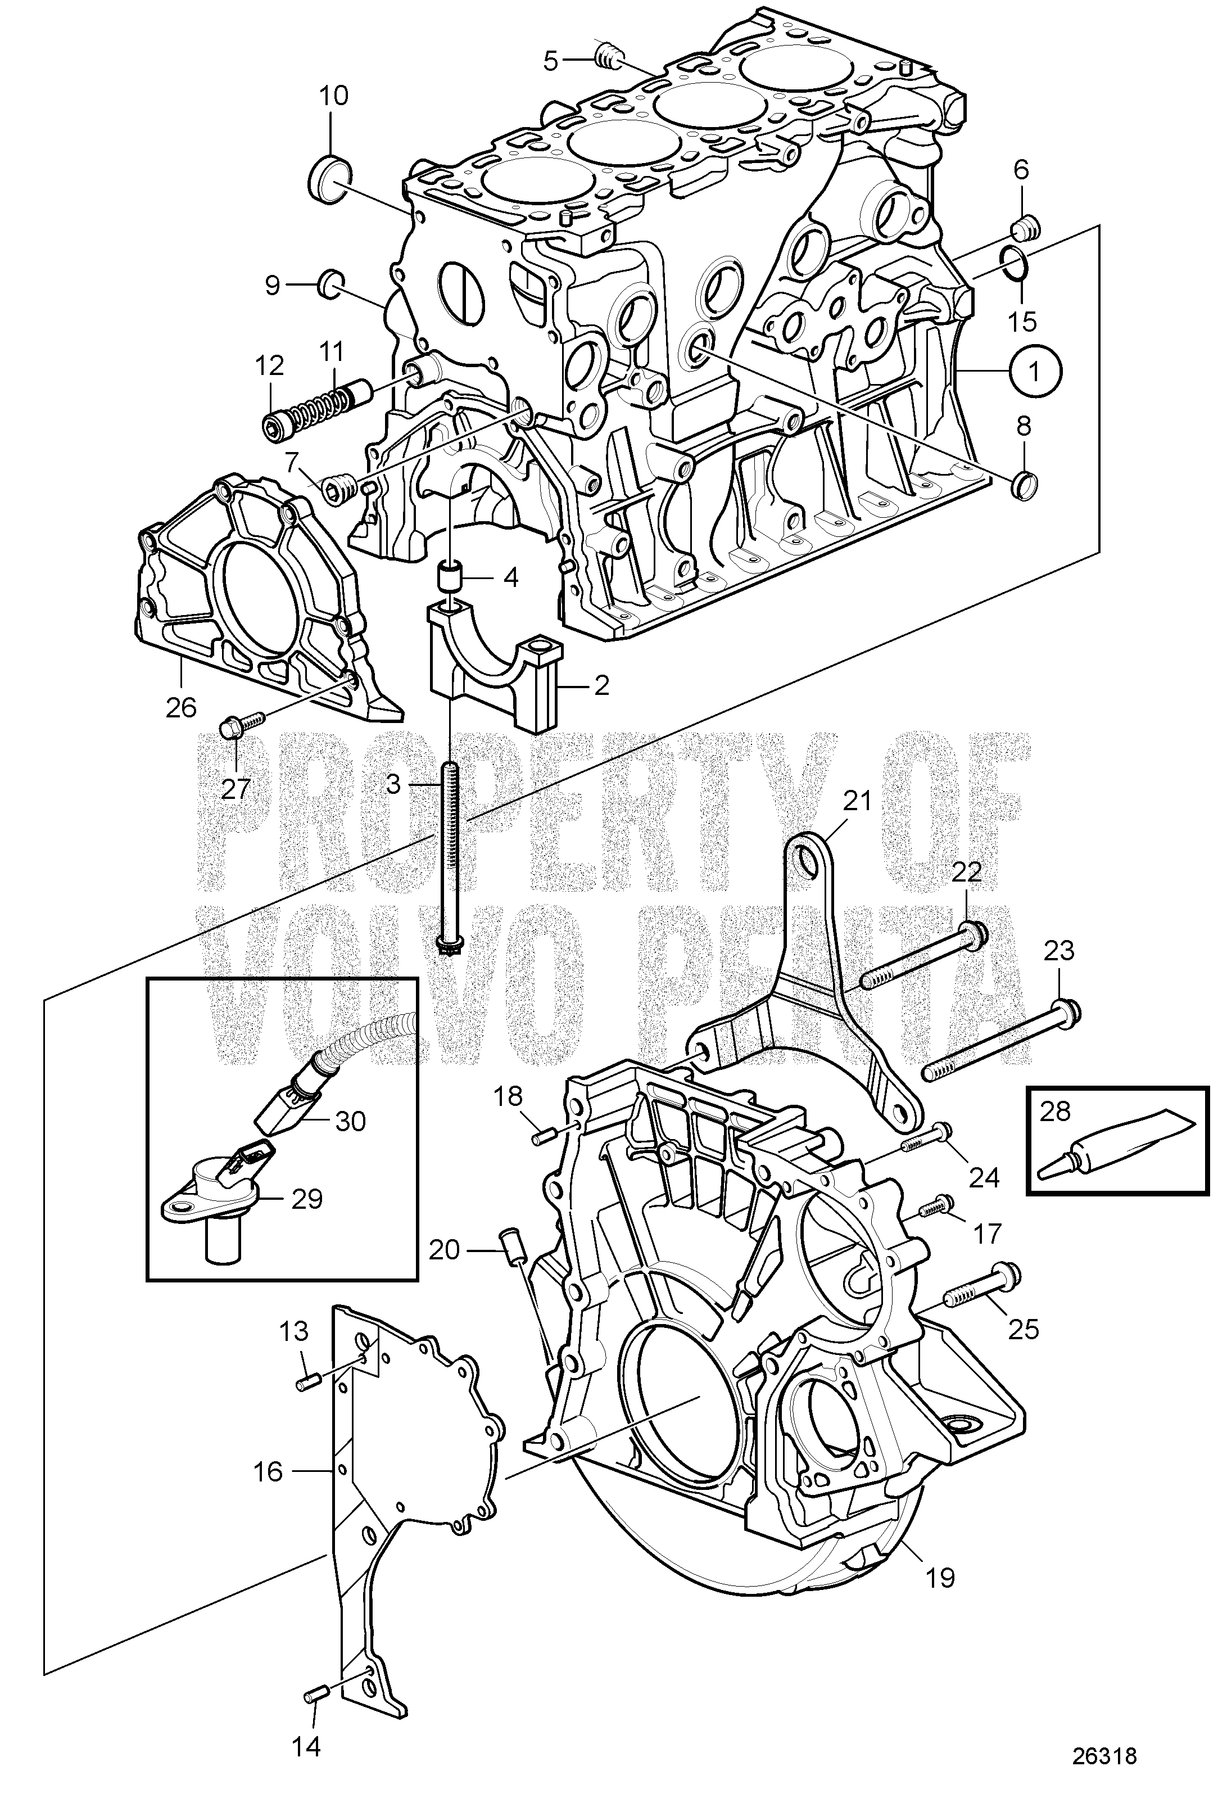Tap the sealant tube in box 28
[x=1117, y=1149]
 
